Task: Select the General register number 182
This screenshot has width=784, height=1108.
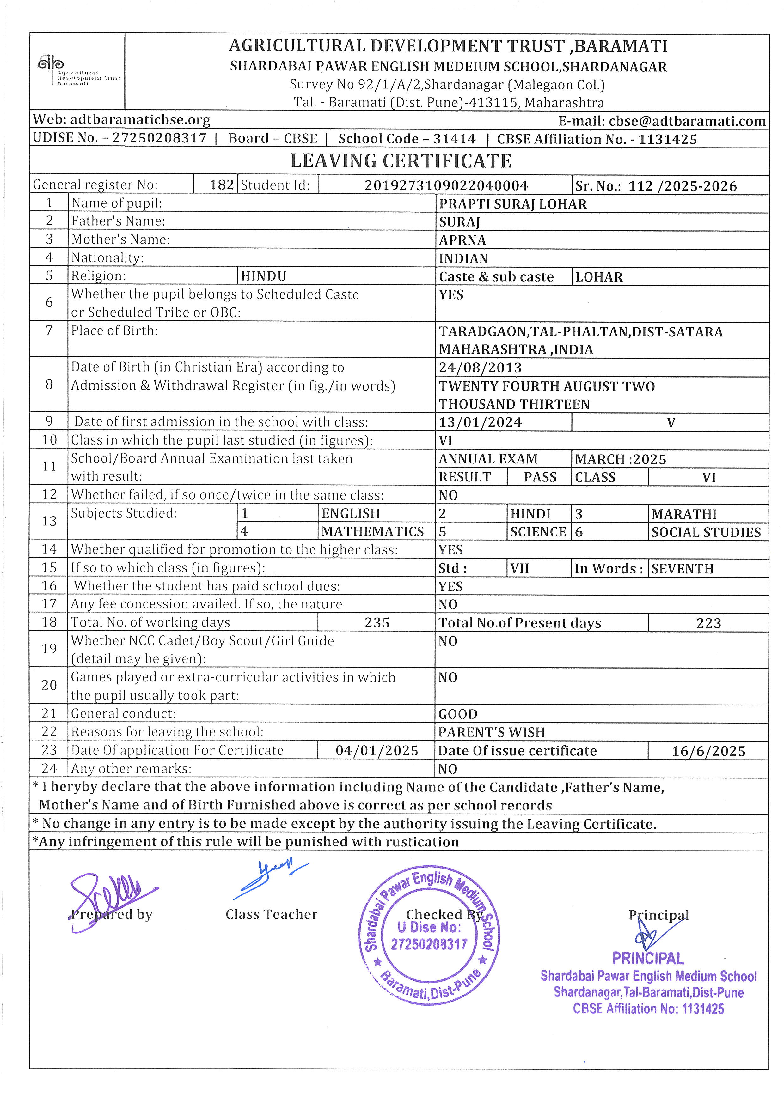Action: (222, 185)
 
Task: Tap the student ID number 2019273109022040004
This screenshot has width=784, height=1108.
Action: (446, 186)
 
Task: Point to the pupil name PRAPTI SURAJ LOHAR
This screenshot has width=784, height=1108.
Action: (513, 204)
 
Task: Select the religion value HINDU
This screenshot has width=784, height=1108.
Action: (264, 276)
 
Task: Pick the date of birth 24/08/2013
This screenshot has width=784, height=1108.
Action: (480, 368)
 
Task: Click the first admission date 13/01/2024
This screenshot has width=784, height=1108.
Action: (480, 422)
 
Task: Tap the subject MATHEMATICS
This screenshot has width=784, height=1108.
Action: (373, 532)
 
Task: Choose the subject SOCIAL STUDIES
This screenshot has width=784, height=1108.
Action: (706, 532)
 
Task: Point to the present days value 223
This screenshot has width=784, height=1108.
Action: (708, 623)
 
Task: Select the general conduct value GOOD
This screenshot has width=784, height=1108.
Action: (458, 714)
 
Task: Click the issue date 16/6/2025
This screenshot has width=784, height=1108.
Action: (708, 751)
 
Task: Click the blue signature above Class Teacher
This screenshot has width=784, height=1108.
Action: (269, 878)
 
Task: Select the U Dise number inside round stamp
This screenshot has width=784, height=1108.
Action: (429, 944)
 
